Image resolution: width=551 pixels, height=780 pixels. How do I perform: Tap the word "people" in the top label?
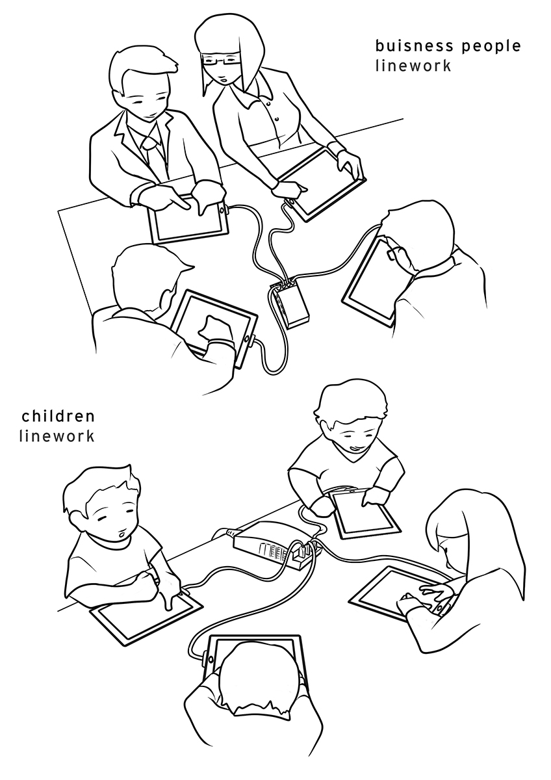click(x=491, y=47)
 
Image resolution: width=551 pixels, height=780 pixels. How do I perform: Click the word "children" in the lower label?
click(x=58, y=416)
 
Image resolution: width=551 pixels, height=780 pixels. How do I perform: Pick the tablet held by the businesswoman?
click(x=323, y=184)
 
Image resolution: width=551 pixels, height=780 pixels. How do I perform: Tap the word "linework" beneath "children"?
click(x=57, y=436)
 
